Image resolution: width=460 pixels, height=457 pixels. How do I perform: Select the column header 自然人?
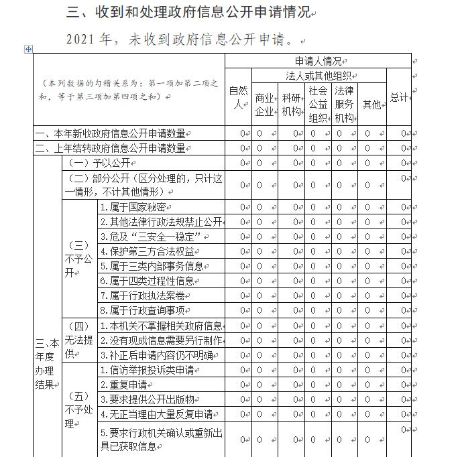(x=239, y=96)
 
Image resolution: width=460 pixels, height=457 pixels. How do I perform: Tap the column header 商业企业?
(x=265, y=105)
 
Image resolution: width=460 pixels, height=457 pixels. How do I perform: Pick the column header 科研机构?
(x=292, y=105)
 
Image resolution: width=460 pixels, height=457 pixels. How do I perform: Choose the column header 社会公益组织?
(x=318, y=104)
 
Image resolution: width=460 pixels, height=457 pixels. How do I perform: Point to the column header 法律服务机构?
(x=344, y=104)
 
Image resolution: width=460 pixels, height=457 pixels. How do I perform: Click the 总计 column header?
(x=399, y=97)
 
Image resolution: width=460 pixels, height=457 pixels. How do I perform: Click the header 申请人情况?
(x=317, y=60)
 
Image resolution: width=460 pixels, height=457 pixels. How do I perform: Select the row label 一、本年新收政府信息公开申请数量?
(x=110, y=133)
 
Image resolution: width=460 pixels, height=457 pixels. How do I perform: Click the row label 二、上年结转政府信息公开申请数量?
(x=110, y=148)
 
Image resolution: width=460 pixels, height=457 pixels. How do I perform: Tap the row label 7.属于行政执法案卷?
(x=142, y=296)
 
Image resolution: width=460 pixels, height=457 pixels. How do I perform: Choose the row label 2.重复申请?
(x=123, y=385)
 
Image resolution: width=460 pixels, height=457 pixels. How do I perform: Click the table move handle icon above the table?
(x=27, y=49)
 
